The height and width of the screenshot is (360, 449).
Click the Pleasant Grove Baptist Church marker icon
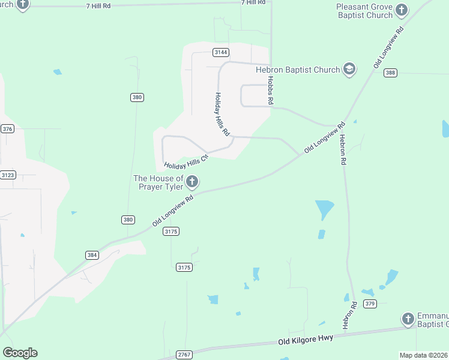point(402,10)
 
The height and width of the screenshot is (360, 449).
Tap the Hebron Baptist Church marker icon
point(349,70)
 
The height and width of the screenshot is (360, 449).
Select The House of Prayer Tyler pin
point(192,181)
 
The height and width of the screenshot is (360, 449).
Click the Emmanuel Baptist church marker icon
point(408,319)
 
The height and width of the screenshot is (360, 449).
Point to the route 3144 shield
point(220,53)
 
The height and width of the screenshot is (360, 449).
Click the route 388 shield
point(391,73)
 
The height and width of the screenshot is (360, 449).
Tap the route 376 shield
point(7,129)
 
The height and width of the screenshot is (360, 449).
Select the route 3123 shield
point(8,175)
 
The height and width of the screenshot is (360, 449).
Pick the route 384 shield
point(92,255)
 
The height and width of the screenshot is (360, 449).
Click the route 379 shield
point(370,304)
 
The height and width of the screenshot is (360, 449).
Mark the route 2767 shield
point(184,355)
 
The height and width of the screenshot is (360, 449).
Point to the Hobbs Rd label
point(271,91)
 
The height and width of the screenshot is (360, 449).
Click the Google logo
point(20,353)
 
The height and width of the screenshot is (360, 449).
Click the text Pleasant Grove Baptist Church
point(364,11)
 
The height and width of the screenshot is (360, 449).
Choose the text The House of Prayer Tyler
point(158,182)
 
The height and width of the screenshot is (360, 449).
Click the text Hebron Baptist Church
point(298,70)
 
